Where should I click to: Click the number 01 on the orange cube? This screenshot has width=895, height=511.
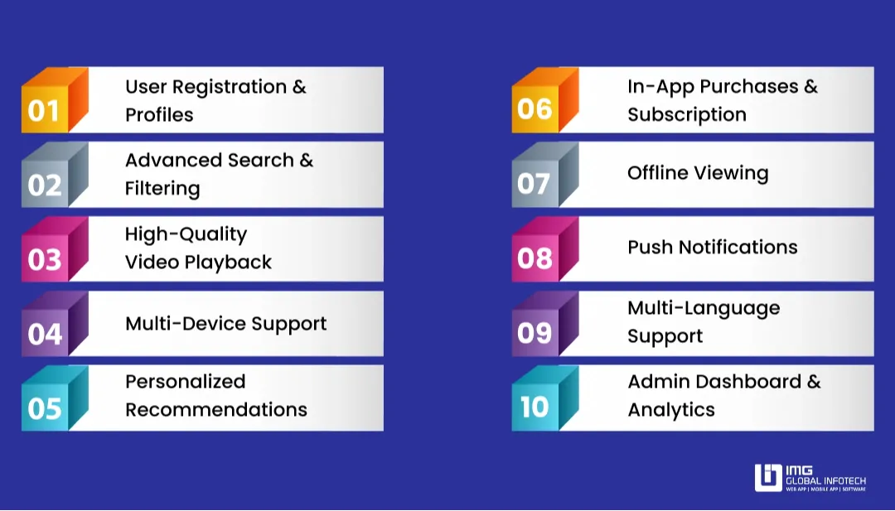pos(44,110)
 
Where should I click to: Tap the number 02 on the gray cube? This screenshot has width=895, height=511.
pos(44,185)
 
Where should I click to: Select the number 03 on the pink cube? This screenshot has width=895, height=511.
pos(44,259)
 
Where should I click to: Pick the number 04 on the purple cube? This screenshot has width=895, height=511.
pos(44,334)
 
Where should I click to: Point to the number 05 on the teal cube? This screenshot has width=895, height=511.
pos(44,408)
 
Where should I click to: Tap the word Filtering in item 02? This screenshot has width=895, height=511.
pos(162,189)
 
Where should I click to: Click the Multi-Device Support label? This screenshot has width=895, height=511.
pos(225,324)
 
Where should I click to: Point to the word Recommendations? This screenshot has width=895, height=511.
pos(215,410)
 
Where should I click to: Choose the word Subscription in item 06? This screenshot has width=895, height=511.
pos(686,115)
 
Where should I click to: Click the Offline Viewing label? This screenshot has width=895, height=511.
pos(698,173)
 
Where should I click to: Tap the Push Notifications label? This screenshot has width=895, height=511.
pos(712,248)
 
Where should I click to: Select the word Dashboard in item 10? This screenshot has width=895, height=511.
pos(748,382)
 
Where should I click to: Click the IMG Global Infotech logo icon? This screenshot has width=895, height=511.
pos(768,478)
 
